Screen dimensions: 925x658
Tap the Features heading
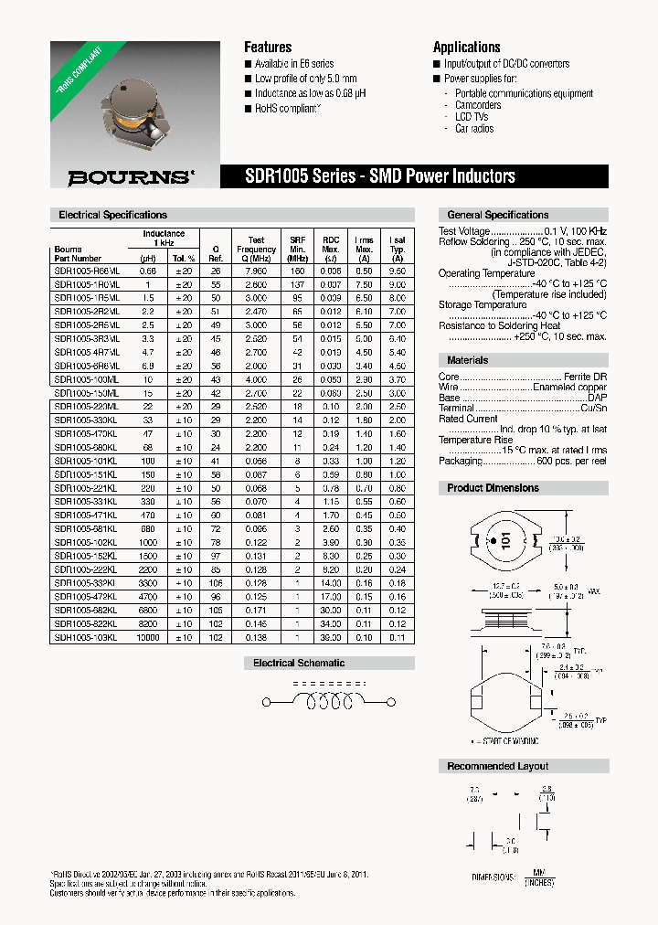tap(268, 47)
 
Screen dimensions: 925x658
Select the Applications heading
tap(466, 47)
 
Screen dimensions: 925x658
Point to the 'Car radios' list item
tap(474, 129)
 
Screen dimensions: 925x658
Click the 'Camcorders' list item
tap(478, 105)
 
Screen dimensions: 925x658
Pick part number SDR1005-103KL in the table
tap(86, 637)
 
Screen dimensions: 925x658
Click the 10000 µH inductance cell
tap(147, 637)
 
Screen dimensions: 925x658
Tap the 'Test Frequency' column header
tap(256, 249)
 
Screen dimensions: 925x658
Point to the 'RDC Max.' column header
tap(331, 249)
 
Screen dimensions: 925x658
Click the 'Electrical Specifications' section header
tap(112, 215)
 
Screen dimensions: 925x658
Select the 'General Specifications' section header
tap(497, 215)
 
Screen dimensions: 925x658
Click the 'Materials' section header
tap(467, 360)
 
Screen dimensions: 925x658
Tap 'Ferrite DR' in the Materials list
tap(584, 377)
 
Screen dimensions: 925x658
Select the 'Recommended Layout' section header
tap(497, 766)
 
